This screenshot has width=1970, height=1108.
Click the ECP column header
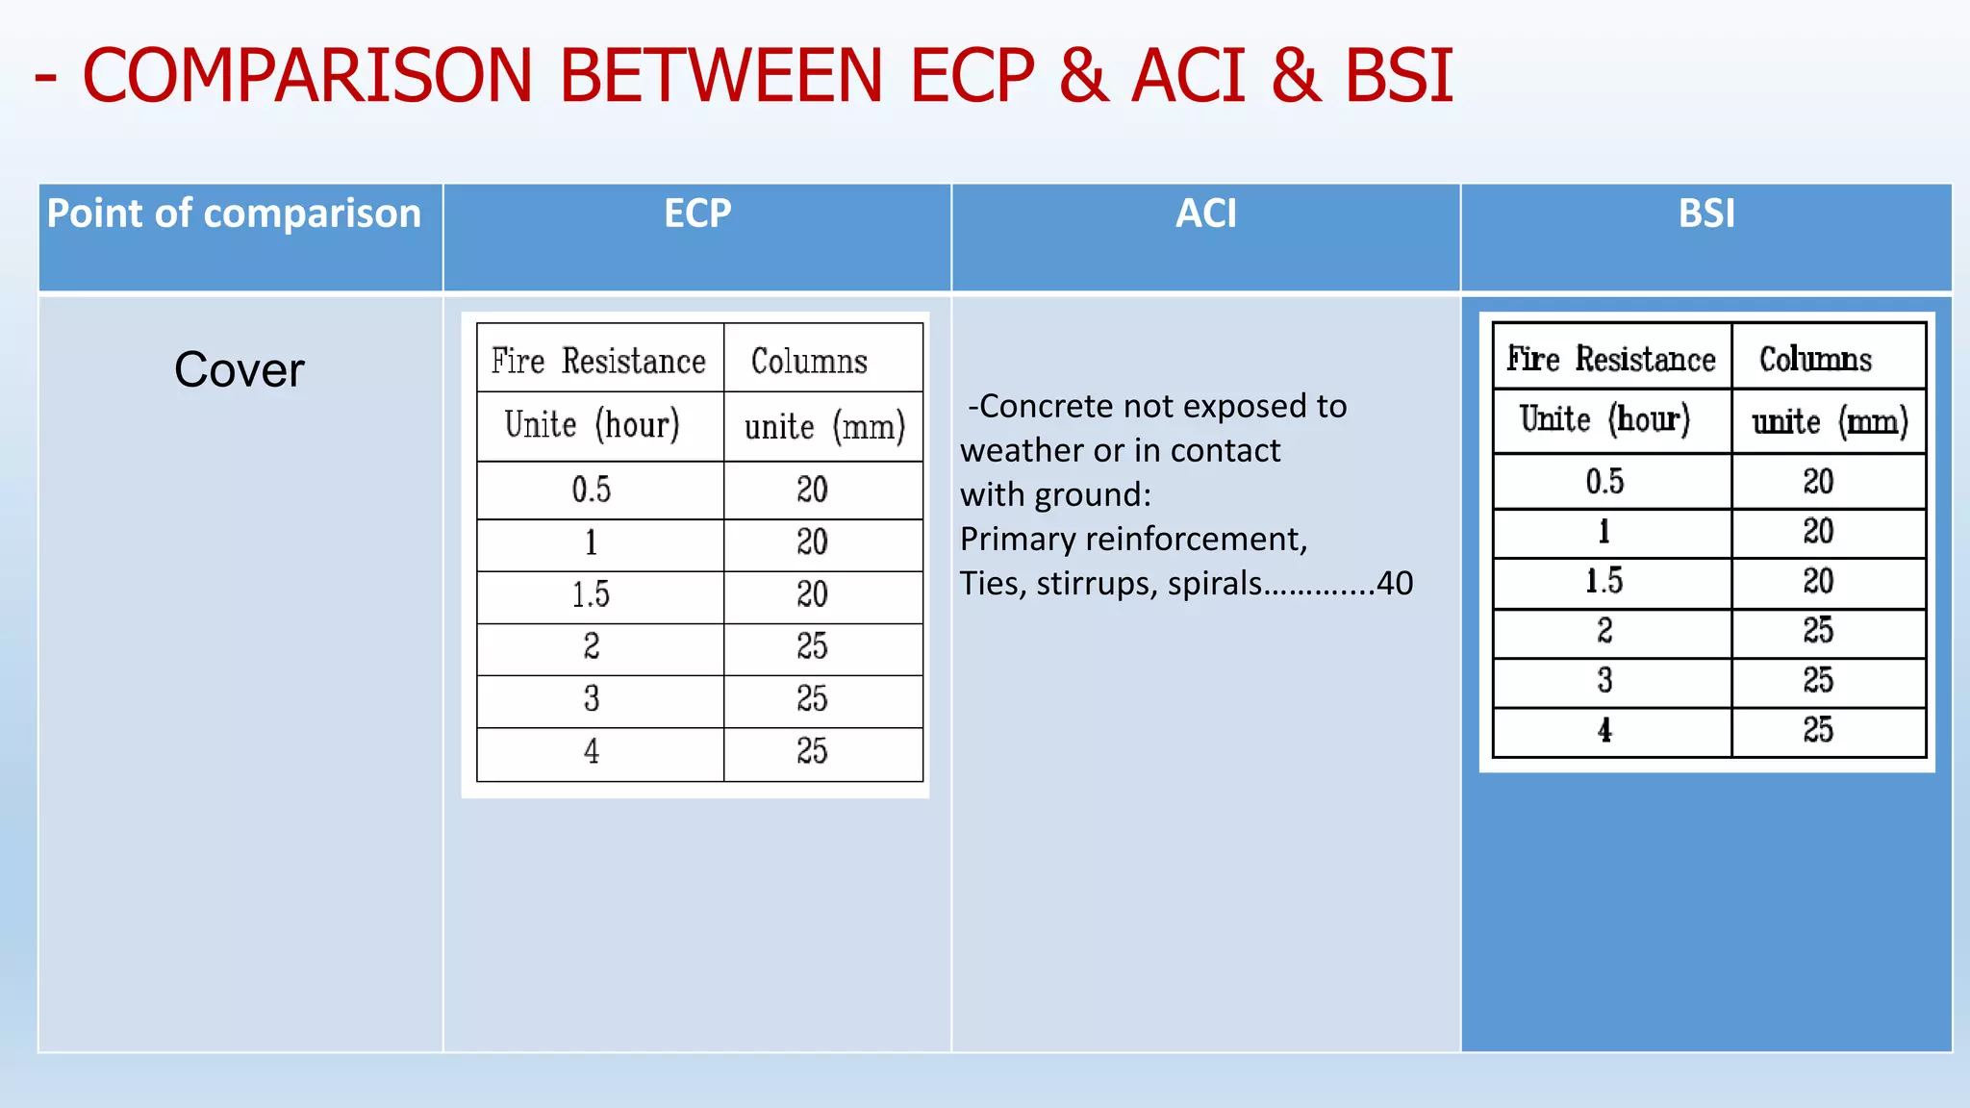697,214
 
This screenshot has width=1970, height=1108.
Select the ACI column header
1205,214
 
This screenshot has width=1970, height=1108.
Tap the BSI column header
1706,214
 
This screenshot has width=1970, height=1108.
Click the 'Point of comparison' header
234,214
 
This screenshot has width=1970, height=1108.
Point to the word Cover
240,370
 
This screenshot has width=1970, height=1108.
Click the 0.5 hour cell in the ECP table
591,490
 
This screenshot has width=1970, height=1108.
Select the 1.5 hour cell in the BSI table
1604,581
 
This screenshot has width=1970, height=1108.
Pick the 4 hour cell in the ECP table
591,751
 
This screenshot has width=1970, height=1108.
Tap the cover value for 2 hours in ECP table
812,646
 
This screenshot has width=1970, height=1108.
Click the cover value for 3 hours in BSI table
1817,681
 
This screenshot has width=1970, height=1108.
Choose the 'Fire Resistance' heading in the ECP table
598,362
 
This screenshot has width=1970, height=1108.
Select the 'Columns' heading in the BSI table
1815,360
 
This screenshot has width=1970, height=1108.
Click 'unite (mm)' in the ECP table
824,426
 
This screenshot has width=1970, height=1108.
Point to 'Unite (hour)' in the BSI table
1604,420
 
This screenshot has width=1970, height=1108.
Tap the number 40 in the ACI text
1395,583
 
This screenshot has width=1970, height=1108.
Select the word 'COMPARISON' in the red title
307,76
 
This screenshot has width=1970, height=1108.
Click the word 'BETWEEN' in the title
720,76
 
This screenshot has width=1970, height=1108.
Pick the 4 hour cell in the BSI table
1604,731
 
